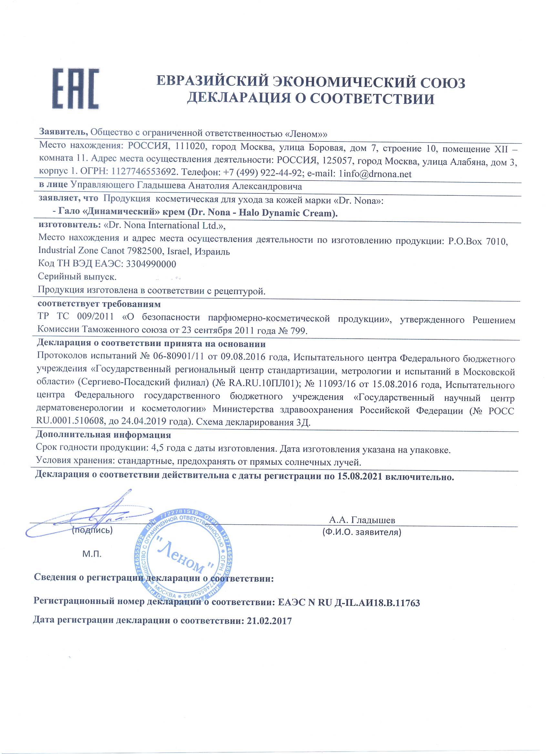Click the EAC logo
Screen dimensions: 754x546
(76, 88)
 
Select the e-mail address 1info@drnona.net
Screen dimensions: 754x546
(375, 174)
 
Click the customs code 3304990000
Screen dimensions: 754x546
(151, 264)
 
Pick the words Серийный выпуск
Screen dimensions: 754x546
(77, 277)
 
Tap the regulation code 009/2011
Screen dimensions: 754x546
(96, 316)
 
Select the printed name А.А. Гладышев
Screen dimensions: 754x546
(362, 520)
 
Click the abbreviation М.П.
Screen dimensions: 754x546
(92, 554)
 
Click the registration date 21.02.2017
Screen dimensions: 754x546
(269, 621)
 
